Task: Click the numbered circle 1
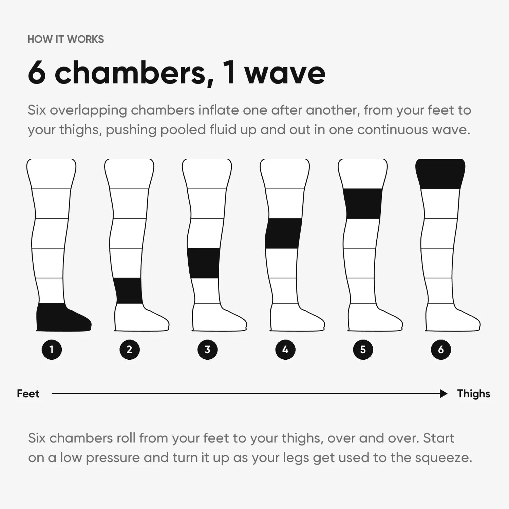[52, 350]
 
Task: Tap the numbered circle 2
[129, 350]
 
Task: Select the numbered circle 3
[207, 350]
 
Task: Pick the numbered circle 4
[285, 350]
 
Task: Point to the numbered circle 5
[363, 350]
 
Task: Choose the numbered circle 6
[441, 350]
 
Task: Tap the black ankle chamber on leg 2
[129, 291]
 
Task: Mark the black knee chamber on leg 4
[283, 233]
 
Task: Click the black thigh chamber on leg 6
[440, 174]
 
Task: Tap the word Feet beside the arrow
[28, 394]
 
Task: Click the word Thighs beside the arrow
[474, 394]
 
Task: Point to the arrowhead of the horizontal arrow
[444, 394]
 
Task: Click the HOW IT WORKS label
[66, 39]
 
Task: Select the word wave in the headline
[285, 74]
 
